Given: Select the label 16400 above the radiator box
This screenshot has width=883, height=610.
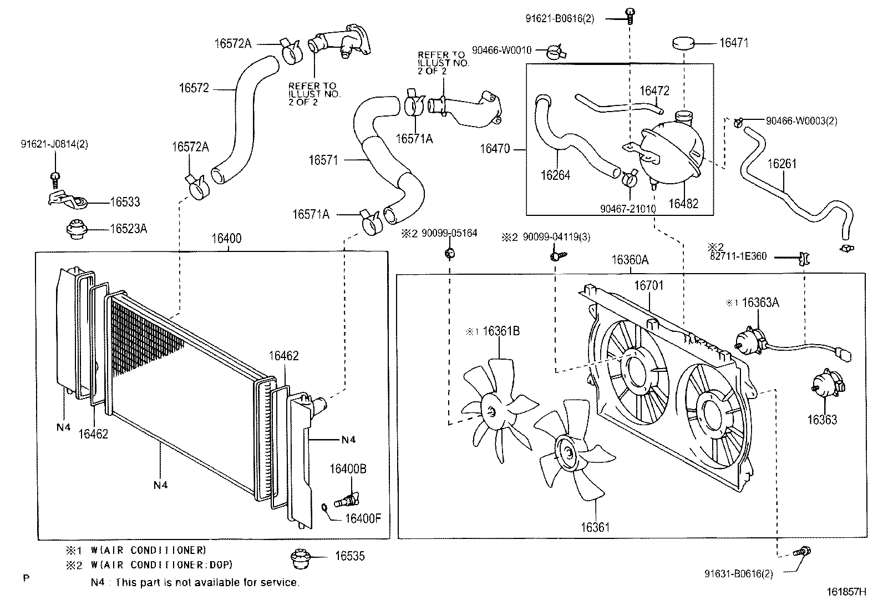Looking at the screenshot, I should pos(226,239).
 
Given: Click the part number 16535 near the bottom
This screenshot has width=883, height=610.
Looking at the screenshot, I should pos(350,556).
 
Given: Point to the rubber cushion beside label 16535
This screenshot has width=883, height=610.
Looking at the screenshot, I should pos(300,558).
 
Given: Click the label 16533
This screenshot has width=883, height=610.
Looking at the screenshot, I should pos(125,202).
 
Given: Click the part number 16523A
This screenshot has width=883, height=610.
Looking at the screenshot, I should pos(128,228).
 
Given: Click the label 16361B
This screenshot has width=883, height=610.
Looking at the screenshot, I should pos(501,331).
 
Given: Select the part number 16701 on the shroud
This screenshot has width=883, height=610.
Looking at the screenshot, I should pos(648,285).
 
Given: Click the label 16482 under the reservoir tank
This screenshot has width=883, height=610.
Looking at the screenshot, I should pos(683,204).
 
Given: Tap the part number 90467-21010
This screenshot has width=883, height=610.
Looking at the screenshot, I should pos(628,209).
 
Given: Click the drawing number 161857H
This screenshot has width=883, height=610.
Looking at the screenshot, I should pos(846,592).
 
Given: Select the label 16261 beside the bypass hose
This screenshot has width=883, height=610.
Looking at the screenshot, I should pos(781,164).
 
